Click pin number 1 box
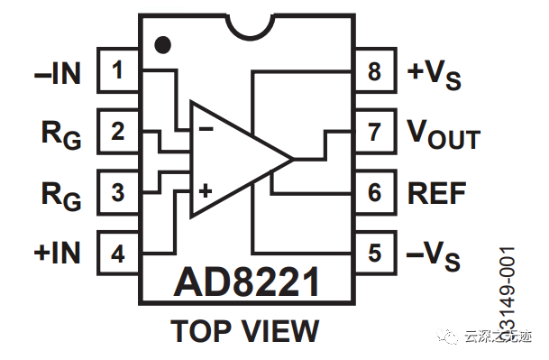click(x=117, y=71)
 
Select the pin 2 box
click(x=117, y=132)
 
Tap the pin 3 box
click(x=117, y=192)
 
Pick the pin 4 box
click(x=117, y=253)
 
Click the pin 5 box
click(x=375, y=253)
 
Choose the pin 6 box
click(x=375, y=192)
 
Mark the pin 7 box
click(x=375, y=132)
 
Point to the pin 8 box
click(x=375, y=71)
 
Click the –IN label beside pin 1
click(x=57, y=73)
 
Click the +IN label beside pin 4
click(x=57, y=254)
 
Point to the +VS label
click(x=435, y=74)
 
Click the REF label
click(x=438, y=193)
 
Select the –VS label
click(x=434, y=256)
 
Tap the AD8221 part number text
click(x=246, y=284)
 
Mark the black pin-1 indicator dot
click(x=162, y=43)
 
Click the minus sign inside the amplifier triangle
click(x=206, y=129)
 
